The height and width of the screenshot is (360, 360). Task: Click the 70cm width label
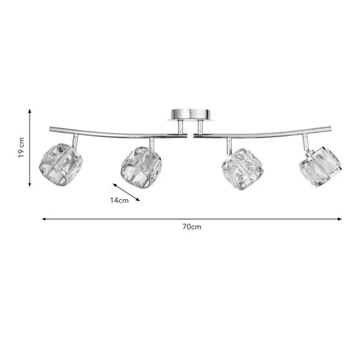(192, 227)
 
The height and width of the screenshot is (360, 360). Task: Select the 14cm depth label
(119, 200)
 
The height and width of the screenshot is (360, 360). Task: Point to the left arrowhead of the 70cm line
(43, 218)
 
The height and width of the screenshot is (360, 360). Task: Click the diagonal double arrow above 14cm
(127, 192)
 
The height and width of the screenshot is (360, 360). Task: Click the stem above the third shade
(229, 146)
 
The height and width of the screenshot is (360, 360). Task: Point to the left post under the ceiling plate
(179, 127)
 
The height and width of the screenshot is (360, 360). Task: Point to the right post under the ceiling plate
(199, 126)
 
